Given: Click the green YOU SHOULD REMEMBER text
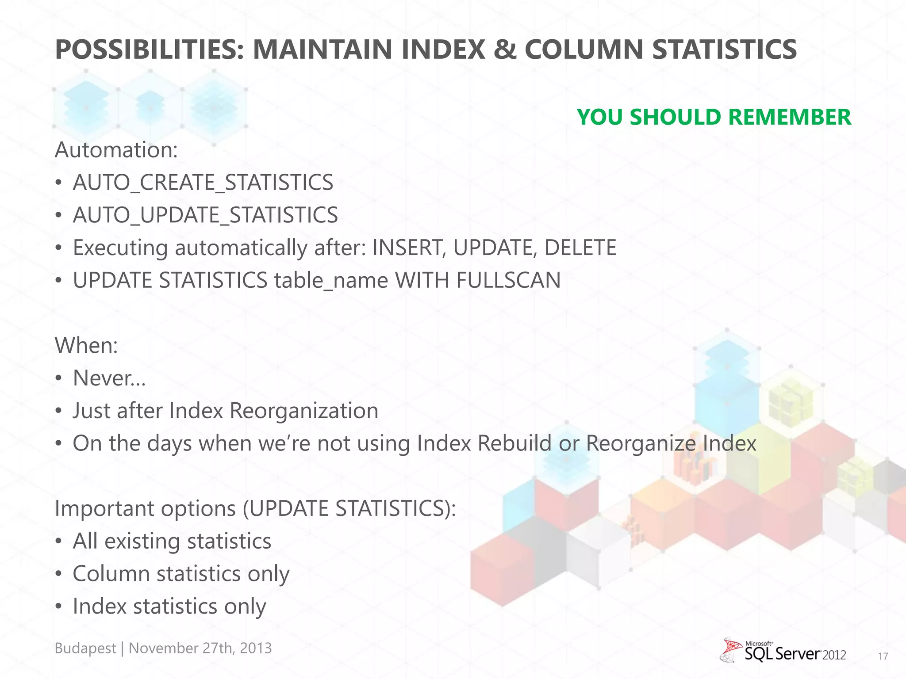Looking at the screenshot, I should pos(714,117).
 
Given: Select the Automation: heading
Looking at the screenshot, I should pos(116,150).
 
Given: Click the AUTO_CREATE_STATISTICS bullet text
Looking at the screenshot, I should pos(203,183).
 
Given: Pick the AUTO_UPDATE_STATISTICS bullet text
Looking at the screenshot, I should pos(205,215).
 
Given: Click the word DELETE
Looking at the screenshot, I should pos(580,248).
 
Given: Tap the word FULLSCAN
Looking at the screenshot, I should pos(508,280).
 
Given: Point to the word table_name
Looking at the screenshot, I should pos(331,280).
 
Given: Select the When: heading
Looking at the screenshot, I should pos(86,345).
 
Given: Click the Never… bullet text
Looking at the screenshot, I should pos(109,378).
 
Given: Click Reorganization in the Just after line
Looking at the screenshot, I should pos(304,411).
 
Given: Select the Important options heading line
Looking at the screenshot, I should pos(255,508).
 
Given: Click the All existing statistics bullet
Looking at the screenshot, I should pos(172,541).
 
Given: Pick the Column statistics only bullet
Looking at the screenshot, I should pos(180,574).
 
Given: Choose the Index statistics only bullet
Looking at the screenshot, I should pos(169,606).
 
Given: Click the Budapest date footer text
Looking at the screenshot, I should pos(163,648).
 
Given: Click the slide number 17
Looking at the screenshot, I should pos(883,656).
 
